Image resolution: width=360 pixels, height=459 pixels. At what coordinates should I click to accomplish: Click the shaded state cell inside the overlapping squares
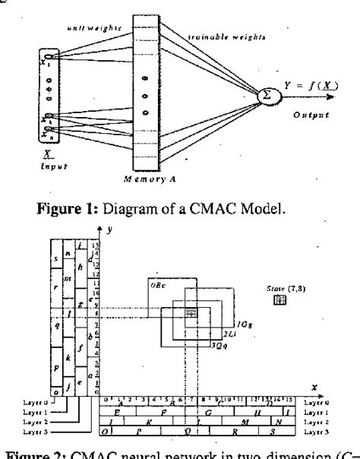point(191,312)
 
